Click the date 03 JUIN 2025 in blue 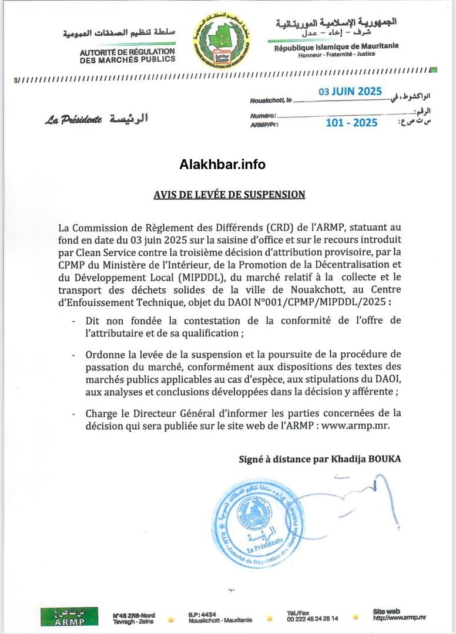coord(350,92)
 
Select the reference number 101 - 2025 coord(351,123)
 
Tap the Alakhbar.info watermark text coord(222,165)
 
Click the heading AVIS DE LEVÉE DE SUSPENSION coord(229,194)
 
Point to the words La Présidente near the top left coord(73,120)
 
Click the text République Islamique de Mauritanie coord(336,46)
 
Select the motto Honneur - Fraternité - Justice coord(336,54)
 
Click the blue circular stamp coord(256,524)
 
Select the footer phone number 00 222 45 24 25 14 coord(312,619)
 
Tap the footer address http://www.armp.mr coord(400,618)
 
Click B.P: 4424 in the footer coord(203,614)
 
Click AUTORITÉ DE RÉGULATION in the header coord(128,52)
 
